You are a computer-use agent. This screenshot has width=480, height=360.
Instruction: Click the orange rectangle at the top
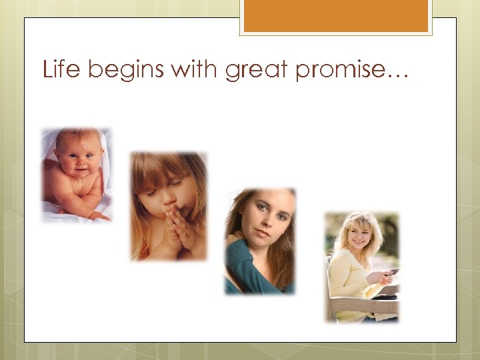336,15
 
